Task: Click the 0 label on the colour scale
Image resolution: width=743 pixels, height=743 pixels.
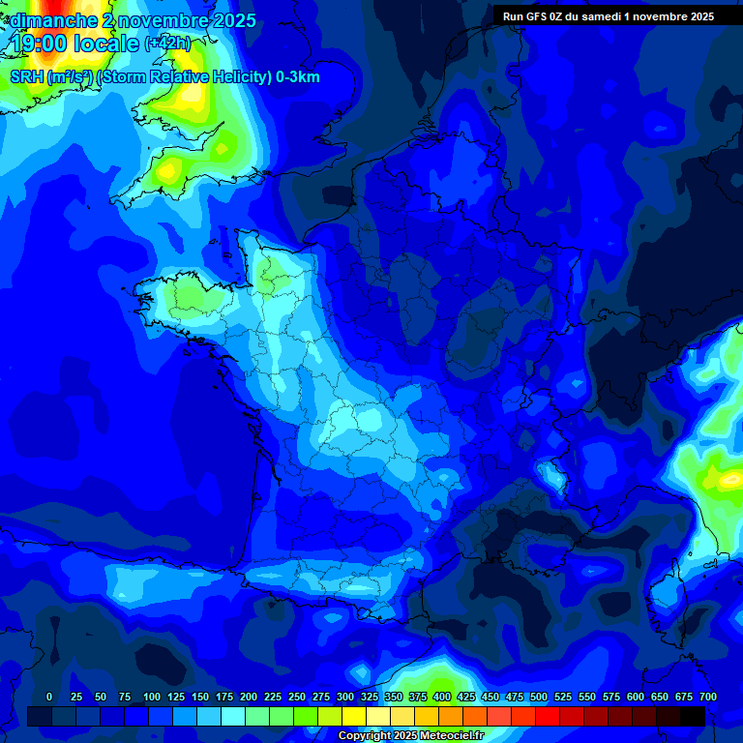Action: [x=49, y=697]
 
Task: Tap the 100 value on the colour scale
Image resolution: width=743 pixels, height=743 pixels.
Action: [x=152, y=697]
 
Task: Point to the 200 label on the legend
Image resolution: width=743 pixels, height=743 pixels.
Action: [x=249, y=697]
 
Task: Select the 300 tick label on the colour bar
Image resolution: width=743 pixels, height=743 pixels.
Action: [x=345, y=697]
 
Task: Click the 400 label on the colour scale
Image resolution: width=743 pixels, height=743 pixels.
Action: [x=442, y=697]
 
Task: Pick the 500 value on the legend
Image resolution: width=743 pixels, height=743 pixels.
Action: [x=539, y=697]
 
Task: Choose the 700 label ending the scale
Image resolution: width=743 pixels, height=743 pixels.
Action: [x=707, y=697]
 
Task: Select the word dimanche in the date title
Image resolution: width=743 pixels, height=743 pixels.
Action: [x=52, y=20]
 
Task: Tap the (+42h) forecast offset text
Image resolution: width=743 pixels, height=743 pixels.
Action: [x=167, y=43]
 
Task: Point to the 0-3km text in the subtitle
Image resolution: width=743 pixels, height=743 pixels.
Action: [x=298, y=77]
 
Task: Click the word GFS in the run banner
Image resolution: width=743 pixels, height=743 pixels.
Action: [x=537, y=16]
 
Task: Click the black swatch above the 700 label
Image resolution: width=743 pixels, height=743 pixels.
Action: [x=693, y=716]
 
